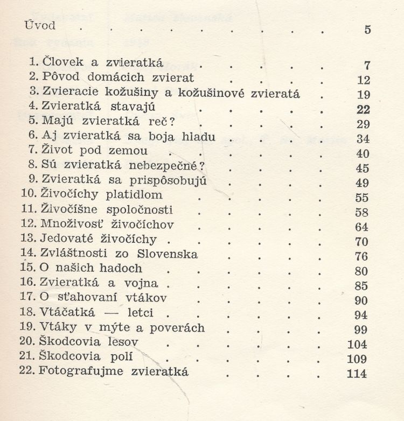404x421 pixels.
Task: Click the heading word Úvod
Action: (41, 26)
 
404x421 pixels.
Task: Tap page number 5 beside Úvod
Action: (367, 30)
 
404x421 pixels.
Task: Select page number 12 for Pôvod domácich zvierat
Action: (364, 80)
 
